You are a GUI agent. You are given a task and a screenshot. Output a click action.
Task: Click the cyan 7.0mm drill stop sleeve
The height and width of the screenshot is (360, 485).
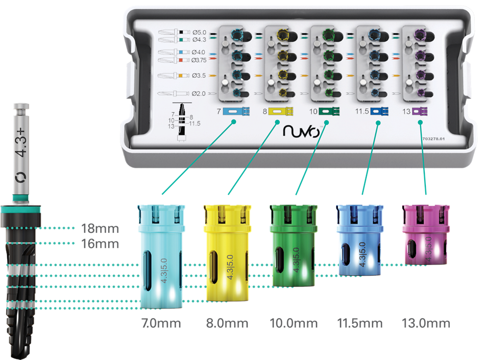pos(159,255)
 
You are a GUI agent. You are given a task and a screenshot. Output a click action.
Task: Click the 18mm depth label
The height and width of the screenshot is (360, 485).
pos(101,228)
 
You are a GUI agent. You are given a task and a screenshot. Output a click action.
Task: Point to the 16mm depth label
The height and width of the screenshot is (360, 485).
pos(101,244)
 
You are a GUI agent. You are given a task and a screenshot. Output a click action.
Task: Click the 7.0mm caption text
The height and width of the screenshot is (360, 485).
pos(161,323)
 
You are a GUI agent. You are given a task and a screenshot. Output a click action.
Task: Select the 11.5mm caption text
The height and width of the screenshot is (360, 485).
pos(359,323)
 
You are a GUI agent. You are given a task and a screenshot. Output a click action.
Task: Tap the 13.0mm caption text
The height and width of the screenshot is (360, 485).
pos(426,323)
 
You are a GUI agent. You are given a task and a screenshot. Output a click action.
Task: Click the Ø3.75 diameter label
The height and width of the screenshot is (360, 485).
pos(201,60)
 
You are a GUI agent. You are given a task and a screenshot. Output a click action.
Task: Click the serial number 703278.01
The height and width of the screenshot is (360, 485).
pos(436,138)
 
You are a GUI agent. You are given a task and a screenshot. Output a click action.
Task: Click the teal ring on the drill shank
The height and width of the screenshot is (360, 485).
pos(21,198)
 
